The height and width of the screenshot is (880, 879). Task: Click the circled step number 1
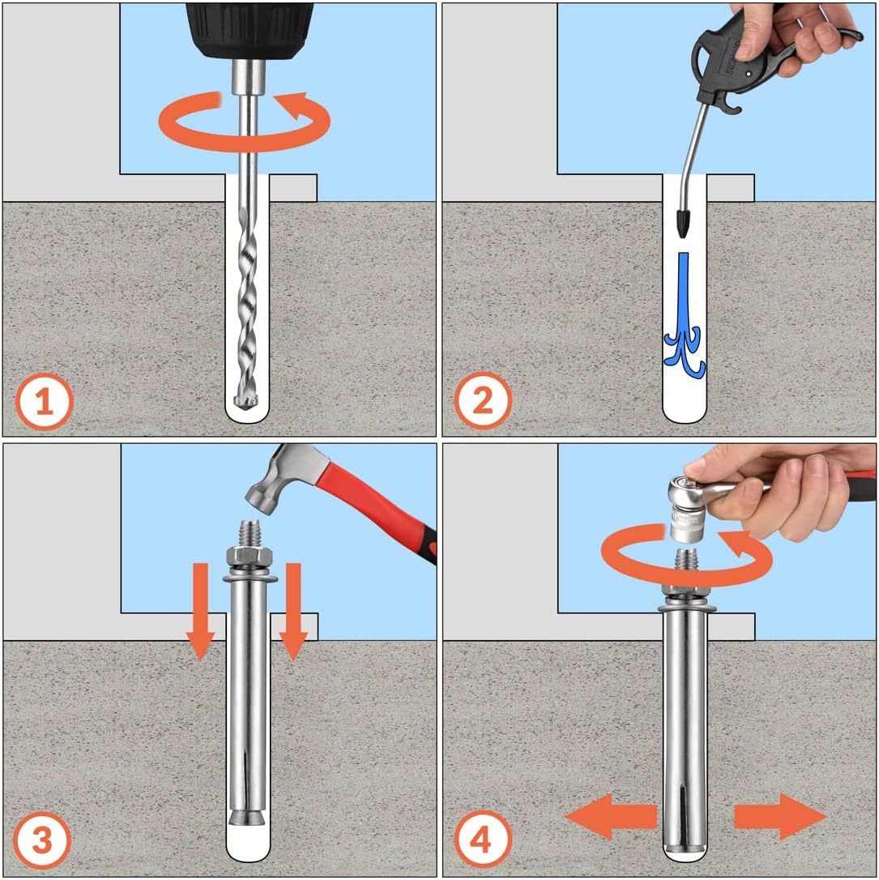[45, 402]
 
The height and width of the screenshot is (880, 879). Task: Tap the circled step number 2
[483, 401]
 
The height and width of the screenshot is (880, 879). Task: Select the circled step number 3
[43, 840]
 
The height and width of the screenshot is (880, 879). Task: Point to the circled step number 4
[483, 840]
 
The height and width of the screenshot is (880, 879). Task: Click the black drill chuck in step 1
[250, 30]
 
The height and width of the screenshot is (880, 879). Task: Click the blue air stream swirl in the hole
[684, 317]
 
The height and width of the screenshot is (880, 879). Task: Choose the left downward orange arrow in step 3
[200, 612]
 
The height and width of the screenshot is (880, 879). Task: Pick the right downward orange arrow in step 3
[293, 612]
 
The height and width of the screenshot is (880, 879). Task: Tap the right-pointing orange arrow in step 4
[780, 817]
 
